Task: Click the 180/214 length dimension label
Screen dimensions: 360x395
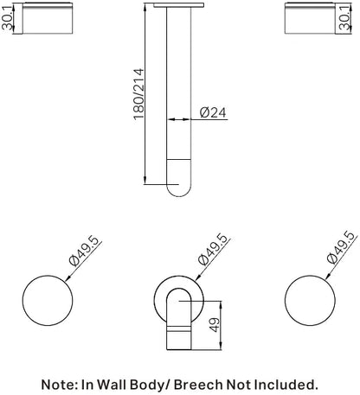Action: [138, 93]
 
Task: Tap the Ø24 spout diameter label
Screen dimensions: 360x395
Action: [213, 112]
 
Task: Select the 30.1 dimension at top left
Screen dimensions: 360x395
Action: [8, 18]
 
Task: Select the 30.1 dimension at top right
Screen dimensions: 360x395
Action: [344, 18]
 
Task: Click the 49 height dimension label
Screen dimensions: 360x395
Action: [214, 325]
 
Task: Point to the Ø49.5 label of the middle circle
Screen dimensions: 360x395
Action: [214, 250]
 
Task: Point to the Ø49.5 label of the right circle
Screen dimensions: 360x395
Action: [342, 247]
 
